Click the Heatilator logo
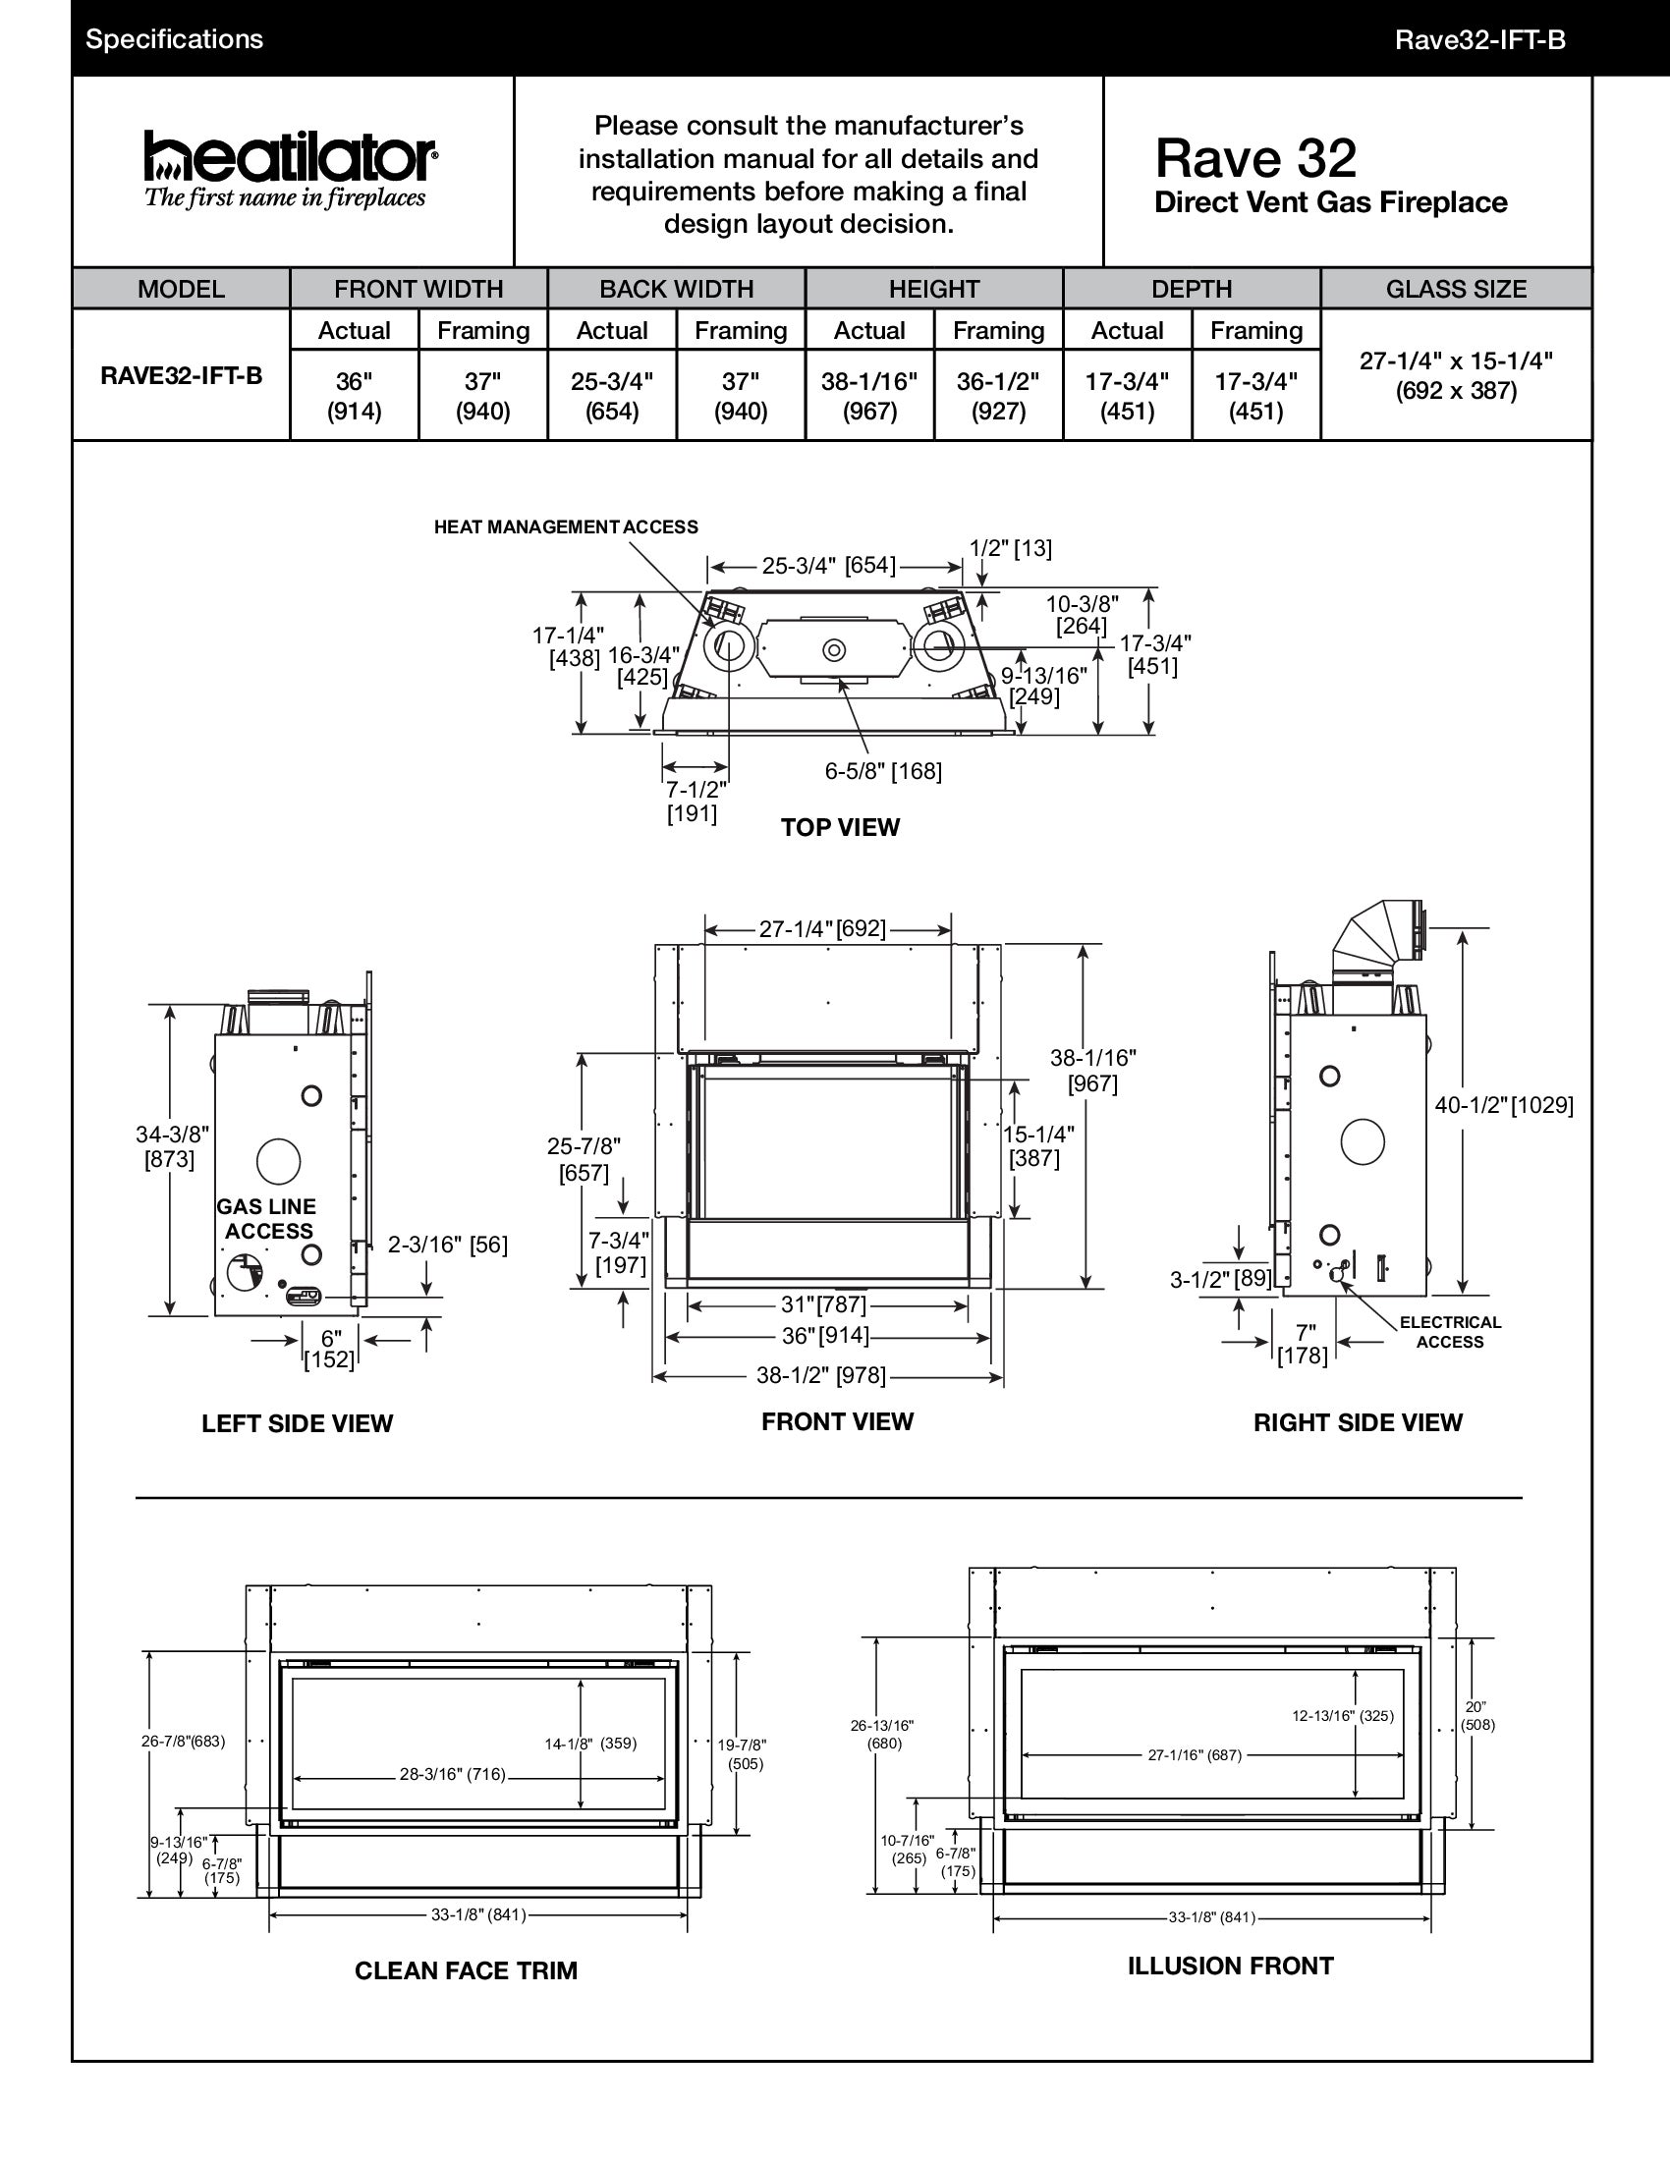coord(291,168)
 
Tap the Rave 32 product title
coord(1255,158)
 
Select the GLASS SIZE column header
coord(1455,289)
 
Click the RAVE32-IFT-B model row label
coord(181,376)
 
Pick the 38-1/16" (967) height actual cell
coord(868,396)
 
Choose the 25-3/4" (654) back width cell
coord(611,396)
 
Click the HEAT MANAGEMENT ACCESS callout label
coord(566,527)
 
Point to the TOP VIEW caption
coord(840,827)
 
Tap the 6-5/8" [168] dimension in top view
coord(882,771)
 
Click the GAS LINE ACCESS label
coord(267,1219)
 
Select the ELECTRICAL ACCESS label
coord(1449,1332)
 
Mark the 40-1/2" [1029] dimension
coord(1504,1105)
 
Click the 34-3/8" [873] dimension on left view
coord(171,1146)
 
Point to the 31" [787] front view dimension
coord(824,1304)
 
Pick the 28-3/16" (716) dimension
coord(452,1774)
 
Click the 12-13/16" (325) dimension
coord(1343,1716)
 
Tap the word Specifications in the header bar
coord(174,39)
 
